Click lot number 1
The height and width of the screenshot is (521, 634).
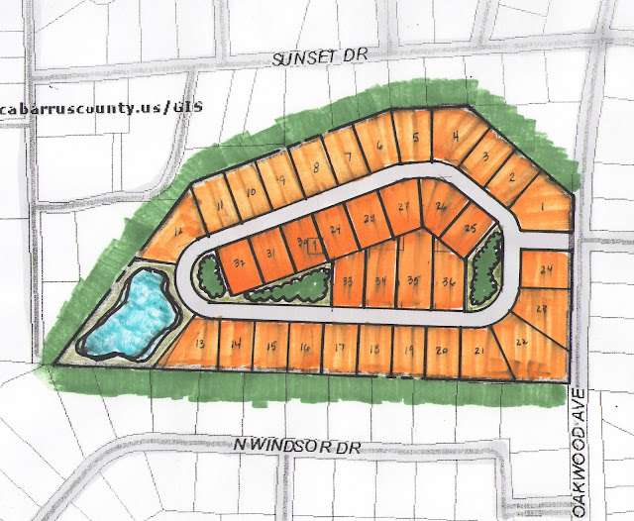coord(544,206)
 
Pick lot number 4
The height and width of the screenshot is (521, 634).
coord(454,138)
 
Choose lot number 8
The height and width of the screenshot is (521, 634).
coord(315,166)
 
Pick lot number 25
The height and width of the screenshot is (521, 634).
coord(471,229)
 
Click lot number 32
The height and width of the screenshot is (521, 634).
coord(239,264)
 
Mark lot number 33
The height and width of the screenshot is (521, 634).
coord(347,281)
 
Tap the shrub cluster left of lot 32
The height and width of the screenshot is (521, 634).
coord(209,273)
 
